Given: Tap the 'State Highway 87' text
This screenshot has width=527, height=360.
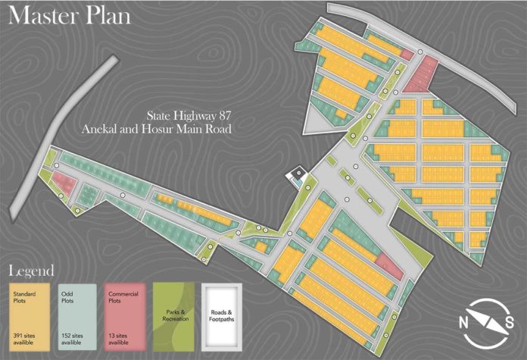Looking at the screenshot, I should pyautogui.click(x=189, y=116).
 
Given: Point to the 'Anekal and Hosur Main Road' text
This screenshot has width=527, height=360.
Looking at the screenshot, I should pyautogui.click(x=156, y=129).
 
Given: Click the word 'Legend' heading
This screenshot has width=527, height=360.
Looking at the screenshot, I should pyautogui.click(x=31, y=271).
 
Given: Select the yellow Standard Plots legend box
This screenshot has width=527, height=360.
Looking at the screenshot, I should pyautogui.click(x=28, y=313).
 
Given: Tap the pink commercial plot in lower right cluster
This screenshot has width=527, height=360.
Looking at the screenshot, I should pyautogui.click(x=388, y=266).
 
